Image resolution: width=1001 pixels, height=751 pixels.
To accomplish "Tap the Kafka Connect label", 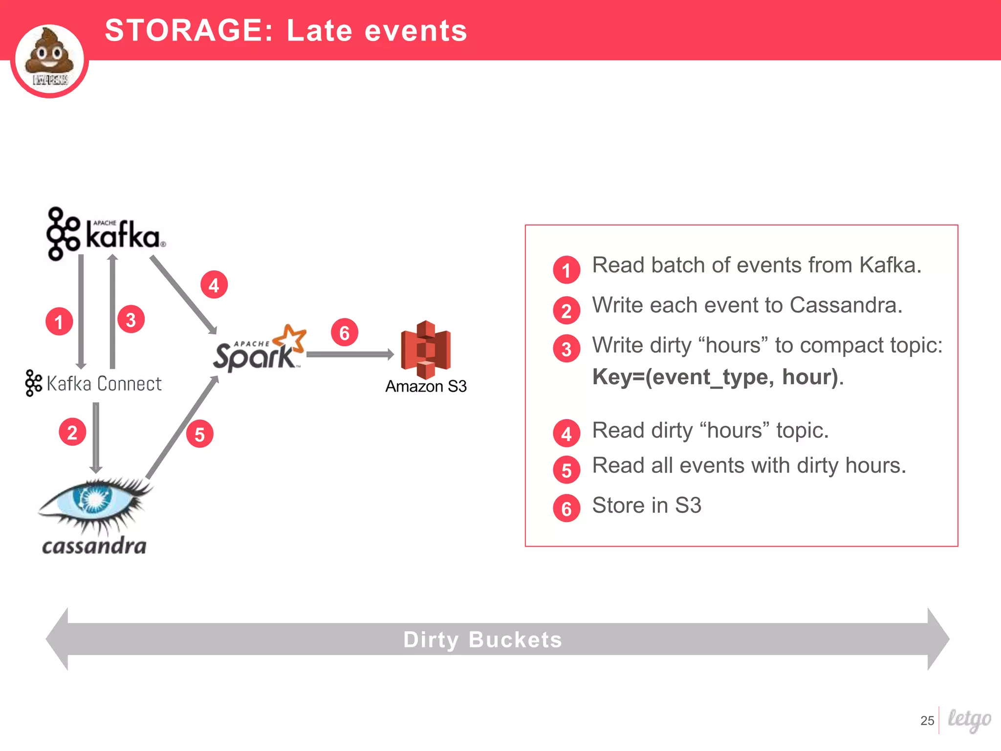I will coord(94,383).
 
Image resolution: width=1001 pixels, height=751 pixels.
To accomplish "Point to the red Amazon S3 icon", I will coord(426,350).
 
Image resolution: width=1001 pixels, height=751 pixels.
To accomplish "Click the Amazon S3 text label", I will coord(426,386).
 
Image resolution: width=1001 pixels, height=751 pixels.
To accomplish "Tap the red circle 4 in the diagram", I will coord(214,285).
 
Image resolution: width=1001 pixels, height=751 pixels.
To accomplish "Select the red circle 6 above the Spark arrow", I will coord(345,332).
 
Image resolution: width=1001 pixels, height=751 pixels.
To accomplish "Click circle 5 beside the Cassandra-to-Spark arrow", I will coord(200,434).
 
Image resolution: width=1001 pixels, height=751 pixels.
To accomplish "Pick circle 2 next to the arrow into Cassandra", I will coord(72,432).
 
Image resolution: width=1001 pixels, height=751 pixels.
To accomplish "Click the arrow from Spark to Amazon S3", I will coord(349,354).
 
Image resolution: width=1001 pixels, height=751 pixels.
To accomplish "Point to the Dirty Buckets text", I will coord(482,640).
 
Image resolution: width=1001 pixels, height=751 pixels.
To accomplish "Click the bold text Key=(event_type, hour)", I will coord(716,377).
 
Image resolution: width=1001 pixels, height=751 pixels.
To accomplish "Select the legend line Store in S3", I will coord(646,505).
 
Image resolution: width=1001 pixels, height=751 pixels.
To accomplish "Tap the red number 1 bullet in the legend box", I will coord(566,270).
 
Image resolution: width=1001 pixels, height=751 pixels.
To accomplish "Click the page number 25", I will coord(927,720).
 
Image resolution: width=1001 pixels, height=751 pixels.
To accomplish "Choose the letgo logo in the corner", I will coord(969,719).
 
